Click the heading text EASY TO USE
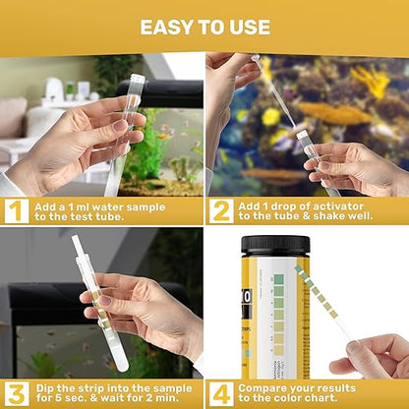204,26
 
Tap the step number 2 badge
221,210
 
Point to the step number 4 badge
221,393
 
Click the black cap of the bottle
274,245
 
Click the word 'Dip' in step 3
47,386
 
